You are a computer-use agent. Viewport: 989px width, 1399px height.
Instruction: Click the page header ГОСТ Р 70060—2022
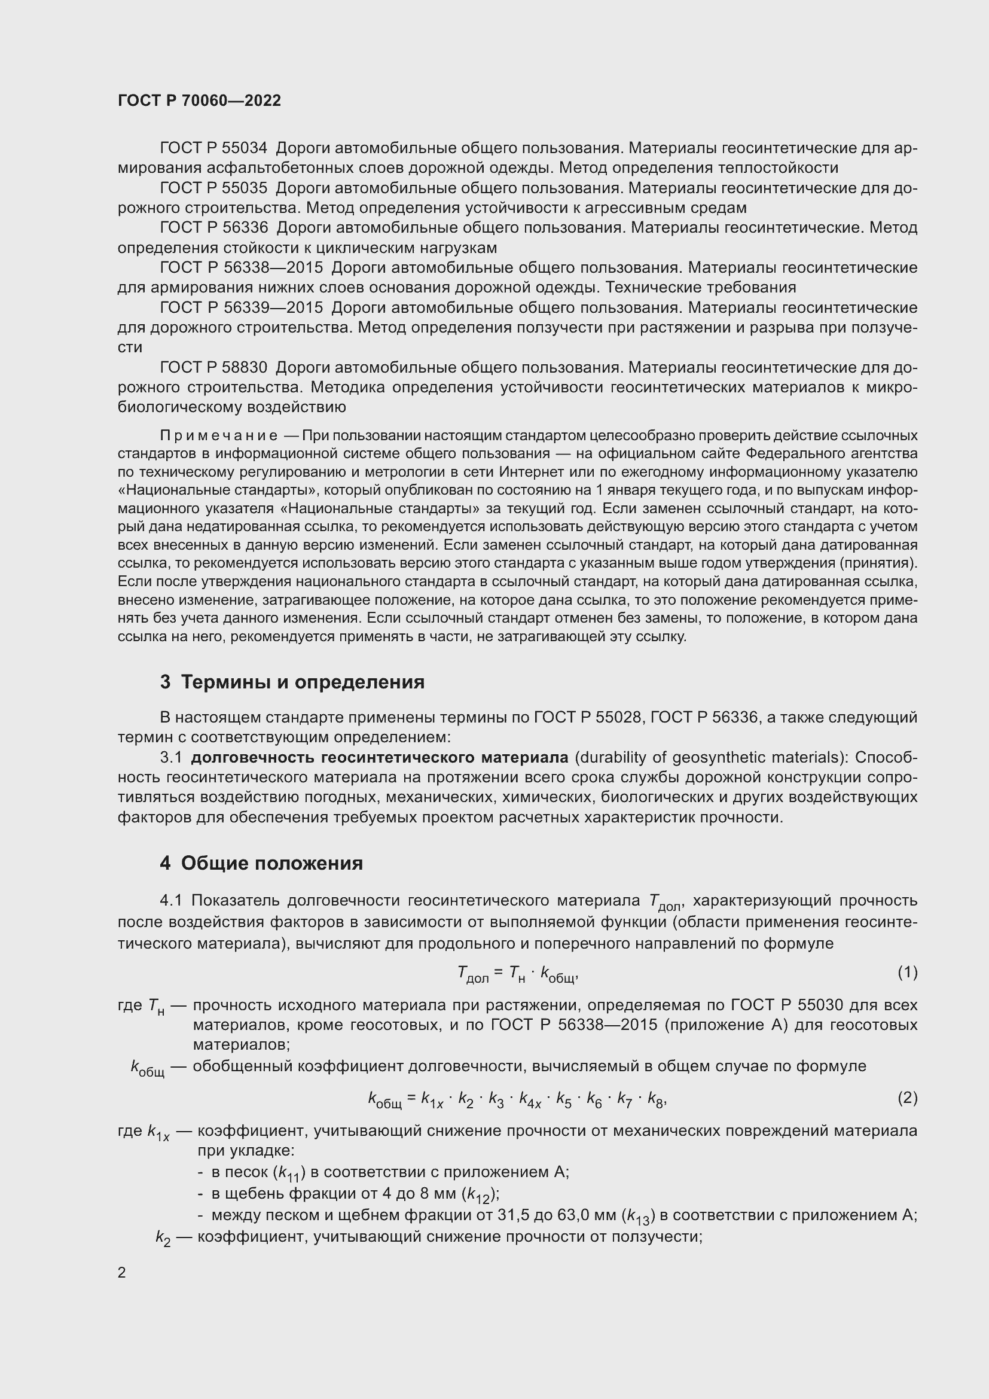point(199,101)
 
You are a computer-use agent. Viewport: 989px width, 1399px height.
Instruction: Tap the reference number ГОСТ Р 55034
point(213,148)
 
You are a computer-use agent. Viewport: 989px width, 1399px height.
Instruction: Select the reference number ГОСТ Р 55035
point(213,188)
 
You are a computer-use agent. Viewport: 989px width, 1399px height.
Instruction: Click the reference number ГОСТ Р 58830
point(213,367)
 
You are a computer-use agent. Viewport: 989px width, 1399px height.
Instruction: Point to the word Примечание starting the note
point(219,435)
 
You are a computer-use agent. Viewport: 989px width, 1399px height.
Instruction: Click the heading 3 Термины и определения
point(292,682)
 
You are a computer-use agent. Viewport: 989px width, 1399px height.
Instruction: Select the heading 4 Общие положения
point(261,864)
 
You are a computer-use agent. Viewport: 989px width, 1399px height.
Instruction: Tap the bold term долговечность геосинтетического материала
point(378,757)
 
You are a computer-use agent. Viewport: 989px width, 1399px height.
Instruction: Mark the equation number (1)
point(907,973)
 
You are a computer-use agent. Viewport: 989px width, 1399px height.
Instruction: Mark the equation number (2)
point(907,1098)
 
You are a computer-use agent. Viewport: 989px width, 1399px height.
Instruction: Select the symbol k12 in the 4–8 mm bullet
point(479,1196)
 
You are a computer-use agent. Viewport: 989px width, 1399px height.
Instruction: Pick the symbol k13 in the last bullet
point(638,1217)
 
